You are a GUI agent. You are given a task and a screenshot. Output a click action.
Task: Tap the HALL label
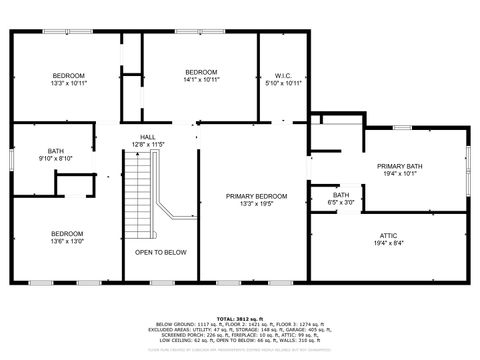click(147, 137)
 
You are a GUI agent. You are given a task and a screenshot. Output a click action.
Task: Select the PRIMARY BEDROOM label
click(256, 196)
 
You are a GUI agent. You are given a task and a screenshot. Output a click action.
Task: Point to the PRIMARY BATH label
click(399, 166)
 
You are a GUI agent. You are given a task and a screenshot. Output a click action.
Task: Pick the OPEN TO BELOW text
click(161, 252)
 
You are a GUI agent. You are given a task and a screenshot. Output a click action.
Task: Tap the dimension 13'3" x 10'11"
click(68, 84)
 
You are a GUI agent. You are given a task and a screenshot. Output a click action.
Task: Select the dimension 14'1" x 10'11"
click(201, 80)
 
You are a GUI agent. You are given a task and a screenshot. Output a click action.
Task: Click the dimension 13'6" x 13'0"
click(68, 241)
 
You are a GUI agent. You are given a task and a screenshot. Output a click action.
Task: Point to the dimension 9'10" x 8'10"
click(55, 158)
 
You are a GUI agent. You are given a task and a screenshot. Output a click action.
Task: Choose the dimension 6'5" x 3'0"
click(341, 203)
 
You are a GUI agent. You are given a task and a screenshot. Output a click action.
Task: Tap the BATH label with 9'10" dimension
click(55, 151)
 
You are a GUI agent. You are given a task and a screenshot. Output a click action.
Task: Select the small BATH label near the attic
click(341, 195)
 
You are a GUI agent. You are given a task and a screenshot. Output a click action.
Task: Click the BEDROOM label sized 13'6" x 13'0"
click(68, 233)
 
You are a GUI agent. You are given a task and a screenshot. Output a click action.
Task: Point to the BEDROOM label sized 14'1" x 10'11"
click(201, 72)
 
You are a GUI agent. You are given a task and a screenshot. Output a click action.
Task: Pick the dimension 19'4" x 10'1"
click(399, 174)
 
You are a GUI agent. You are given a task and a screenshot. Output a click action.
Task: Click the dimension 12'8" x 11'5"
click(147, 145)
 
